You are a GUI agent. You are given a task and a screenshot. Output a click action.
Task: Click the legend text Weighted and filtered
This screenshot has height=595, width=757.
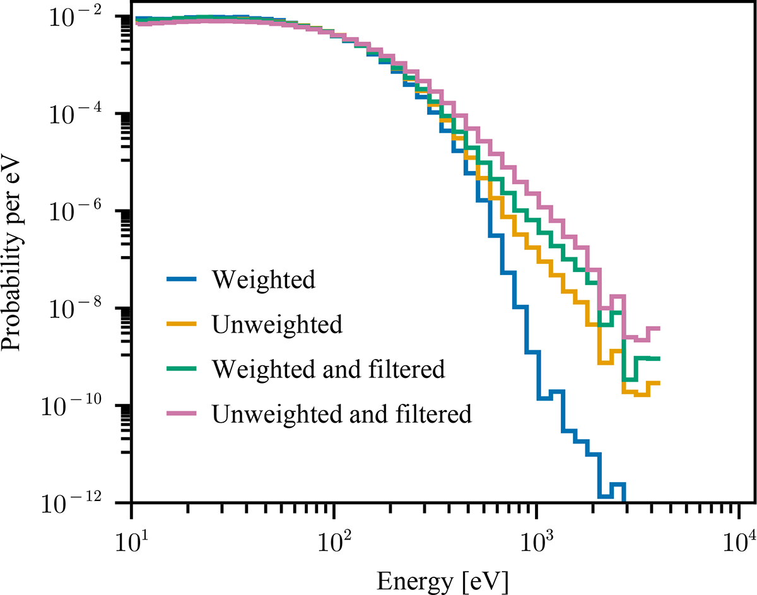click(x=329, y=368)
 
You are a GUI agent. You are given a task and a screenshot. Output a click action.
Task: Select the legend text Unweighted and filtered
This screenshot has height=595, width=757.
click(x=342, y=413)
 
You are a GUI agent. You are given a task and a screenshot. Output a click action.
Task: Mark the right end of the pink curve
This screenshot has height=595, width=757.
click(x=659, y=328)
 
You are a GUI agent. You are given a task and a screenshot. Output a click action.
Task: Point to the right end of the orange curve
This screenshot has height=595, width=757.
click(x=659, y=383)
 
